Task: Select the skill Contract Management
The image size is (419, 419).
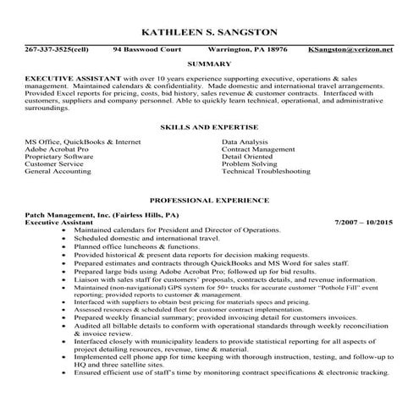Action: pyautogui.click(x=258, y=149)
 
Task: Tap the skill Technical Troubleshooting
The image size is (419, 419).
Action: pyautogui.click(x=266, y=171)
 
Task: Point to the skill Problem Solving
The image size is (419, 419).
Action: pyautogui.click(x=250, y=163)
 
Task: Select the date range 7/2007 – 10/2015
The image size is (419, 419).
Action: pyautogui.click(x=364, y=223)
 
